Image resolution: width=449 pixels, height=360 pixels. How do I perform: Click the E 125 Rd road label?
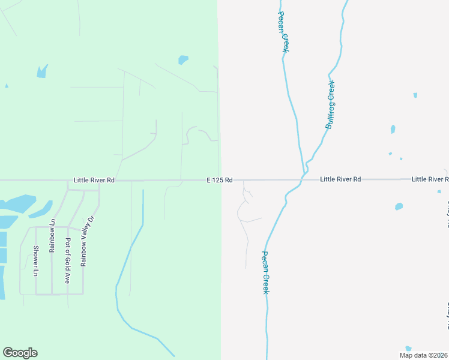click(219, 180)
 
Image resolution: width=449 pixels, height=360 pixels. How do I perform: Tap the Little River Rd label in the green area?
click(94, 179)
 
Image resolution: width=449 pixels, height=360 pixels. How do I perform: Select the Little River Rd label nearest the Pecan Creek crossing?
click(340, 179)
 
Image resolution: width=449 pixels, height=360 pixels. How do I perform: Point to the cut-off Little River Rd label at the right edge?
click(430, 179)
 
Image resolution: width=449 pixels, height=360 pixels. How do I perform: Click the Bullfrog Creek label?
click(330, 104)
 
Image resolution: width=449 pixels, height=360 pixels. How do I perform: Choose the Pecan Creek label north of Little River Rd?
click(285, 31)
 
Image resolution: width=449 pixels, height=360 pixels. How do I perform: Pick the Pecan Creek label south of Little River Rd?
click(265, 272)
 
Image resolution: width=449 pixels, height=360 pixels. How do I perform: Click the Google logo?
click(20, 353)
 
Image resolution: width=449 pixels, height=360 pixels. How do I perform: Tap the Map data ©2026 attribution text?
click(423, 355)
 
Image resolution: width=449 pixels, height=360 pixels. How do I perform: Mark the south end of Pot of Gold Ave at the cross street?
click(67, 294)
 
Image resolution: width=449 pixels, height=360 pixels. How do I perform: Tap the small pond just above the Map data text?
click(408, 348)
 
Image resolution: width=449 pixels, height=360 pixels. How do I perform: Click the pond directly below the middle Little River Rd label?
click(399, 206)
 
